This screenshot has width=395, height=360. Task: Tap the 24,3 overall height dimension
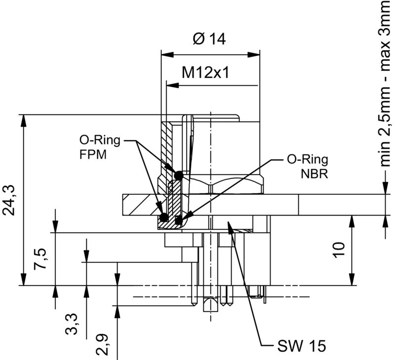pos(11,200)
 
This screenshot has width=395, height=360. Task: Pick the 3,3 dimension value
pos(73,323)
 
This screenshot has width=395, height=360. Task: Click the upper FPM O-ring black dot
pos(179,175)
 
